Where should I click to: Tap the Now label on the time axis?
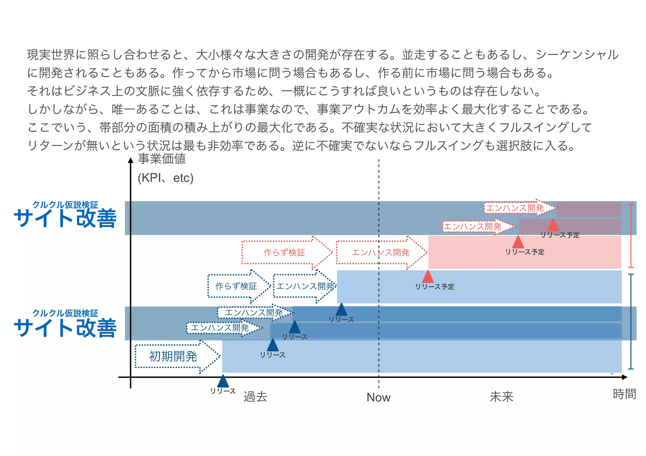pyautogui.click(x=378, y=397)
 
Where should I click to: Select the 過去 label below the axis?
pyautogui.click(x=255, y=397)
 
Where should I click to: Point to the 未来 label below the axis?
pyautogui.click(x=502, y=397)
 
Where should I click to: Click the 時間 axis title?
pyautogui.click(x=624, y=394)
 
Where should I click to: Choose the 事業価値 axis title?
pyautogui.click(x=162, y=159)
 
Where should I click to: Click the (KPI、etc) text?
pyautogui.click(x=166, y=178)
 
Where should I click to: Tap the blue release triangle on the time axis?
pyautogui.click(x=223, y=381)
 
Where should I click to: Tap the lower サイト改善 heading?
pyautogui.click(x=65, y=328)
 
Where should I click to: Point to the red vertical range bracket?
pyautogui.click(x=631, y=236)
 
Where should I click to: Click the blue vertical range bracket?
pyautogui.click(x=631, y=321)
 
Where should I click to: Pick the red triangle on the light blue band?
pyautogui.click(x=428, y=277)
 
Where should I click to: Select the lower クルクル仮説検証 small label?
pyautogui.click(x=65, y=313)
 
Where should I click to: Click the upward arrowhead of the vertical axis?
pyautogui.click(x=131, y=160)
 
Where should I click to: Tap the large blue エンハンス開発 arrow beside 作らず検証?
pyautogui.click(x=304, y=286)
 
